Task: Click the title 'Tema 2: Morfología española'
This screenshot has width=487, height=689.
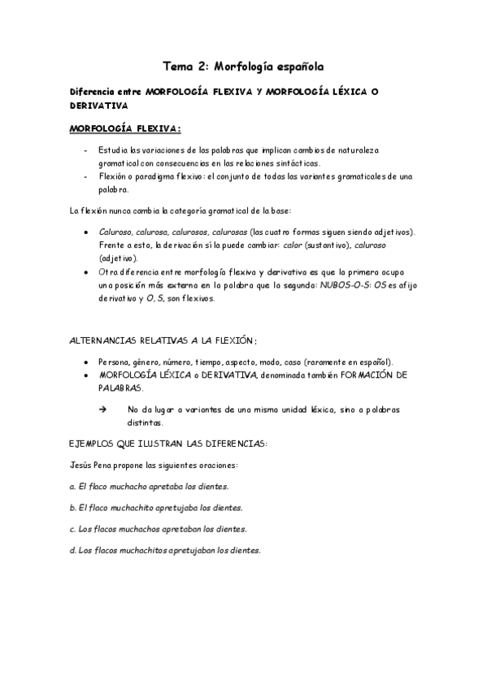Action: (x=243, y=67)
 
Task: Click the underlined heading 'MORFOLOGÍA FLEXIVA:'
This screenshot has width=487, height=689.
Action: (x=125, y=128)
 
